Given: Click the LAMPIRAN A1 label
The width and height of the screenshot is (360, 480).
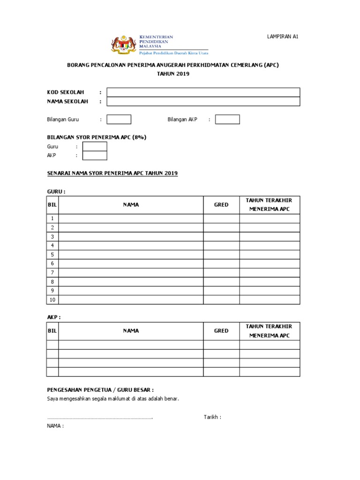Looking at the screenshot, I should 282,37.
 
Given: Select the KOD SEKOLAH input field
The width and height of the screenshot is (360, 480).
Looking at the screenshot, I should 203,92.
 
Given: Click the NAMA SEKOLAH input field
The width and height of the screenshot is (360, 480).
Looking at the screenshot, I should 203,102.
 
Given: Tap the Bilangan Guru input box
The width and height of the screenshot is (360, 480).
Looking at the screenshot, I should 119,120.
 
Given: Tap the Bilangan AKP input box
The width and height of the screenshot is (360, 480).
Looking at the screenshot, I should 227,120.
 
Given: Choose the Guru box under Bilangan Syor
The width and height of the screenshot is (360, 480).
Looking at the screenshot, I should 95,147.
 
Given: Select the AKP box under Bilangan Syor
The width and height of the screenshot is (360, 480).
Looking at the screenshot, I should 95,156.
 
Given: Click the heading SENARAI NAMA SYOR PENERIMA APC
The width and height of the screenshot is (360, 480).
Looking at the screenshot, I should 112,173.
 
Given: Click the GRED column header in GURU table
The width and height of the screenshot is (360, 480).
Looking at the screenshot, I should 221,205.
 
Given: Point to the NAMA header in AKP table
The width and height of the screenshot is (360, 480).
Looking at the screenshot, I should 131,331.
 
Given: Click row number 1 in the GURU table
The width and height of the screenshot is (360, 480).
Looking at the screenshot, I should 52,219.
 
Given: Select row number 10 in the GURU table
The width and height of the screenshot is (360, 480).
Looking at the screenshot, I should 52,300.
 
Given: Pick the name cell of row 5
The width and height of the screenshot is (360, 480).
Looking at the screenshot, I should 131,255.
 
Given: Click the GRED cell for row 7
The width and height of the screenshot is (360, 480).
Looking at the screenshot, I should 221,273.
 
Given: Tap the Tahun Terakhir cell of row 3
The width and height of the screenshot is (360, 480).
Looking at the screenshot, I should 270,237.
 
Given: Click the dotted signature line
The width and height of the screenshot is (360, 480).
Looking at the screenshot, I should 100,417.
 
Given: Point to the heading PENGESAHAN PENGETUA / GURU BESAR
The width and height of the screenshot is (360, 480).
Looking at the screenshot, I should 101,390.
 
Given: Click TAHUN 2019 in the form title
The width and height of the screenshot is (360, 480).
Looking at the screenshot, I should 173,74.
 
